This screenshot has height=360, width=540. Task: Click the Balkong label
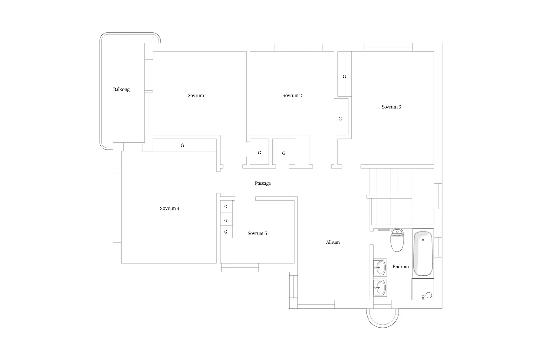[121, 89]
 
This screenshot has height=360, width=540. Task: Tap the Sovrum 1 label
[197, 95]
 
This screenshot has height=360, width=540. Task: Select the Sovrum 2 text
[292, 95]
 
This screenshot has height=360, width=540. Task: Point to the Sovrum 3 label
[391, 107]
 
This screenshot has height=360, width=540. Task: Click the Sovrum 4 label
[170, 208]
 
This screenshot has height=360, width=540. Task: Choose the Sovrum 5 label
[257, 233]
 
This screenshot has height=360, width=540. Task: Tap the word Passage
[262, 183]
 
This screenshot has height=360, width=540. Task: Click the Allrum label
[333, 242]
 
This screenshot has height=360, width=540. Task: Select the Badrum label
[401, 267]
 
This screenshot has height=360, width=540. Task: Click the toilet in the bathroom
[397, 240]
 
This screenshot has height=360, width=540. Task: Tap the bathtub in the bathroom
[423, 253]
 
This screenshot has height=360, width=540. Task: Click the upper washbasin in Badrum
[380, 267]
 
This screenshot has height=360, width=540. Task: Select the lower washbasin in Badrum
[380, 288]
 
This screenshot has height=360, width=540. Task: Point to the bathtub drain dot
[423, 240]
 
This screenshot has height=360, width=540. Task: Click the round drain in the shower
[429, 295]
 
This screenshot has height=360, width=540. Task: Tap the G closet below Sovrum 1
[182, 145]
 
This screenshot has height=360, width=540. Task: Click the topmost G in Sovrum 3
[344, 77]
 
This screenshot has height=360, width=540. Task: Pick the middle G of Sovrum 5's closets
[225, 220]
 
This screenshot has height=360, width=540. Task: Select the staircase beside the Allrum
[391, 197]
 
